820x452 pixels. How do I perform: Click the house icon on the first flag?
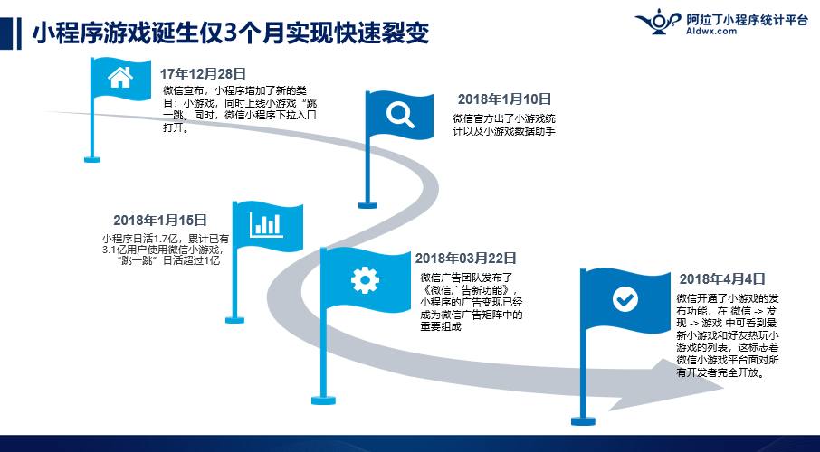(x=120, y=78)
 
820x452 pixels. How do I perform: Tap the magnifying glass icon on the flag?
(x=400, y=115)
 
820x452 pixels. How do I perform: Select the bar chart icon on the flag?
(x=267, y=225)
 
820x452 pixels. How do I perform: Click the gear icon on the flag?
(x=365, y=279)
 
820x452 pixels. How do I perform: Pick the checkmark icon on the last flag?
(x=625, y=299)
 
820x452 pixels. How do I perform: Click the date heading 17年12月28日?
(x=203, y=74)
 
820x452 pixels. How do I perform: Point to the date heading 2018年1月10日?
(x=505, y=99)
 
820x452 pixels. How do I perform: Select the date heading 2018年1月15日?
(x=160, y=220)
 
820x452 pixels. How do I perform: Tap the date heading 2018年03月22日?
(x=466, y=259)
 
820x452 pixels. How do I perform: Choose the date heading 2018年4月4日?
(x=722, y=279)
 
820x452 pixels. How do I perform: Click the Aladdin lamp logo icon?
(x=659, y=22)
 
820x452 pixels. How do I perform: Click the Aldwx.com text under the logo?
(x=711, y=32)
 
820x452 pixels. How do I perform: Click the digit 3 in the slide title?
(x=230, y=33)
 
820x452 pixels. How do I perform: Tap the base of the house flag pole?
(x=92, y=159)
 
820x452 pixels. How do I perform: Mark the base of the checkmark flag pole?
(x=583, y=420)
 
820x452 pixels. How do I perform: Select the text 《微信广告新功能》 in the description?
(x=469, y=290)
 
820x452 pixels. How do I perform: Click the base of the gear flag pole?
(x=323, y=400)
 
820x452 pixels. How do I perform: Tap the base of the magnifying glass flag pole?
(x=367, y=205)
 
